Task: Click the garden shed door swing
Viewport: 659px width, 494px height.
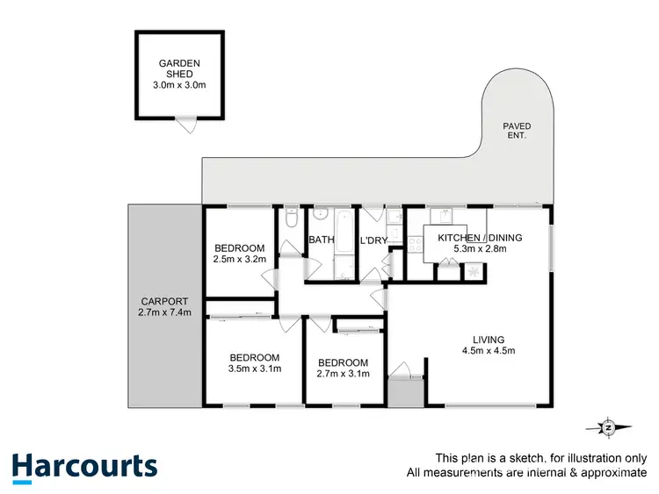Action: pyautogui.click(x=185, y=125)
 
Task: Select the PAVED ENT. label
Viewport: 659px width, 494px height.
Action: pyautogui.click(x=517, y=132)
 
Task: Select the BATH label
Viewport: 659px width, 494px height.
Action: pyautogui.click(x=320, y=240)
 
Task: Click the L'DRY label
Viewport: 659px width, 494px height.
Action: pyautogui.click(x=374, y=240)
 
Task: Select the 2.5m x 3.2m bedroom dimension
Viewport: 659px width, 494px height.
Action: pyautogui.click(x=239, y=260)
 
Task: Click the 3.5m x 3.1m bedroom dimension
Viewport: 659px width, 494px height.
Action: pyautogui.click(x=254, y=369)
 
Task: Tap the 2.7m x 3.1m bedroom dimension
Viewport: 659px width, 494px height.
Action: pyautogui.click(x=343, y=375)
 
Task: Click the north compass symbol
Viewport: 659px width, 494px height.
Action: pyautogui.click(x=608, y=427)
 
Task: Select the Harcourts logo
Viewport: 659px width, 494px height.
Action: pyautogui.click(x=84, y=466)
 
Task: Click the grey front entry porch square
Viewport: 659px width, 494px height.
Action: pyautogui.click(x=405, y=392)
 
